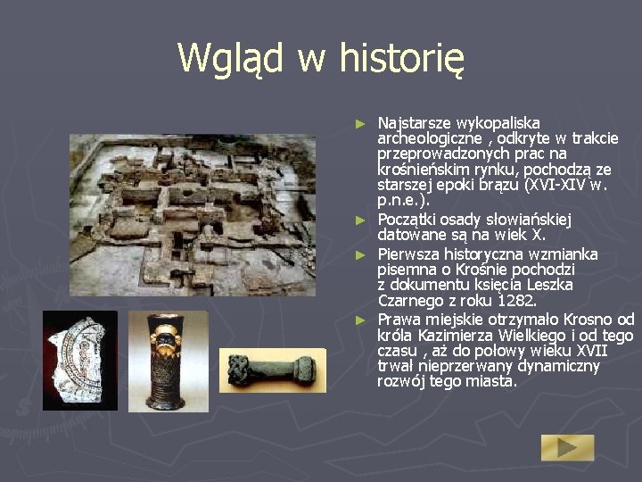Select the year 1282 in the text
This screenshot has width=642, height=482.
(x=515, y=300)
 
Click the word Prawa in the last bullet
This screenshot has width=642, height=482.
(x=399, y=320)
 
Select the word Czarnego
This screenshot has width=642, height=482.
(x=411, y=300)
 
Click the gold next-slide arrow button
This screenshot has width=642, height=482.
(x=567, y=447)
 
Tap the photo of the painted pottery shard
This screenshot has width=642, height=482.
(x=80, y=361)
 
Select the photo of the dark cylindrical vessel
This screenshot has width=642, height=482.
(x=168, y=361)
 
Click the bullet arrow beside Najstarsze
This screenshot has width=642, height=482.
(x=360, y=122)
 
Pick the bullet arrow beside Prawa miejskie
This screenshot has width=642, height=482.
(x=360, y=320)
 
